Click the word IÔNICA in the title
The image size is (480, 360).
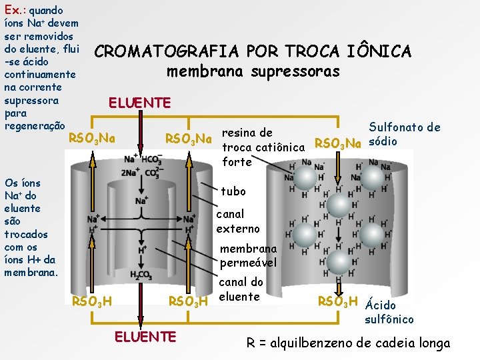click(371, 51)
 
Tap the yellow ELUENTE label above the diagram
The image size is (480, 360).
click(139, 103)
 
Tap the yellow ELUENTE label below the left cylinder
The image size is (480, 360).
click(146, 337)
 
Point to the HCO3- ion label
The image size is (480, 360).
click(152, 159)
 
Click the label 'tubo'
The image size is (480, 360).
click(234, 191)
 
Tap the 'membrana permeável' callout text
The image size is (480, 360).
click(249, 255)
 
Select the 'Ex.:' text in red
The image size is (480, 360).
click(15, 11)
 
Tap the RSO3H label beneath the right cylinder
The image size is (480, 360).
click(338, 301)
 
